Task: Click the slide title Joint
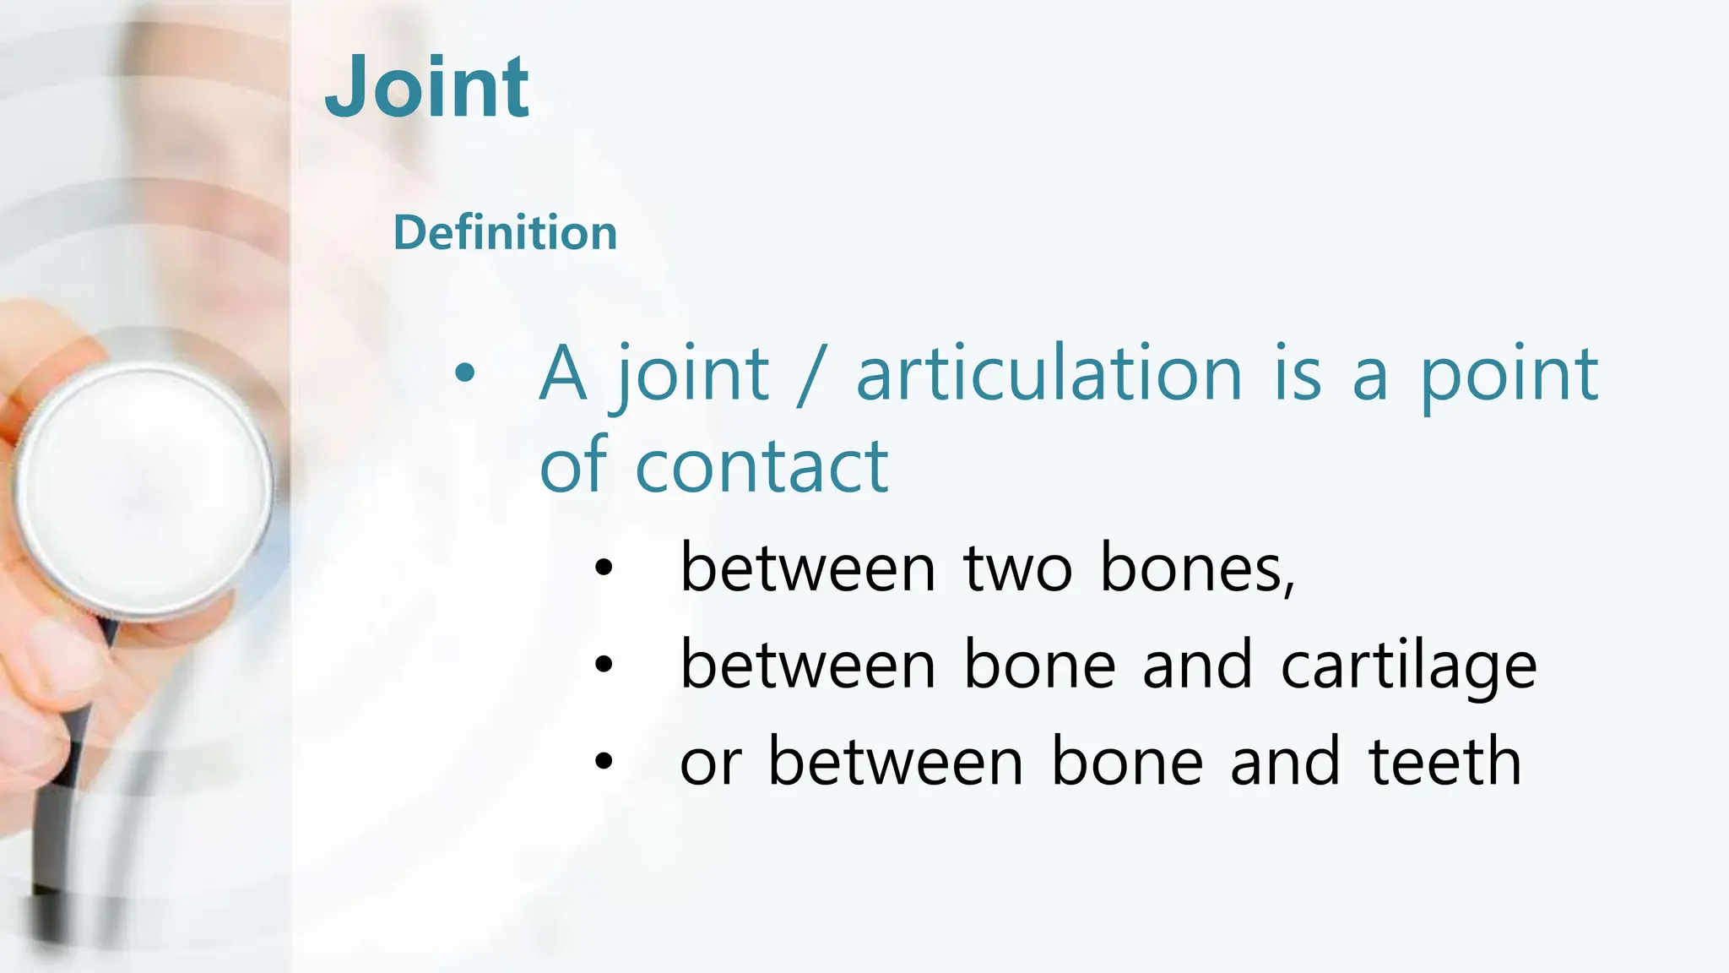tap(427, 86)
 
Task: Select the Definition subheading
tap(505, 232)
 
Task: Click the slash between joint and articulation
tap(810, 376)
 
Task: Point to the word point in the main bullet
tap(1509, 376)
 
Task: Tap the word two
tap(1017, 568)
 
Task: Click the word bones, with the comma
tap(1197, 568)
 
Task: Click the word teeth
tap(1444, 761)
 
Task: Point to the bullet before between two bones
tap(603, 568)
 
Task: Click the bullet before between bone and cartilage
tap(603, 665)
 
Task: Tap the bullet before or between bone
tap(603, 761)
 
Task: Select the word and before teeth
tap(1285, 761)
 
